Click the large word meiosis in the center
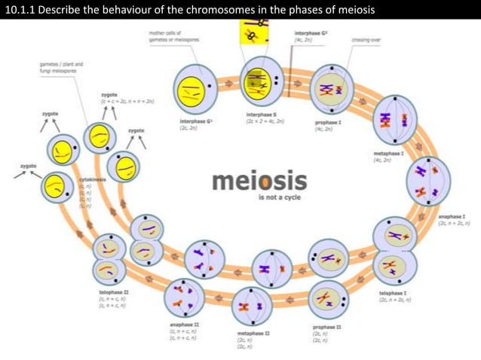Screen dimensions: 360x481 click(x=259, y=182)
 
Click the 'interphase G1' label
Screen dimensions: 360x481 click(x=195, y=121)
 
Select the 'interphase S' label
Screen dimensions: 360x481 click(x=262, y=115)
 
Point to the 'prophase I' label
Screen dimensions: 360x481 click(x=329, y=121)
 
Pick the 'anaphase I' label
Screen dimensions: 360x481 click(x=451, y=215)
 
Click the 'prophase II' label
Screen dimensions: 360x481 click(x=327, y=327)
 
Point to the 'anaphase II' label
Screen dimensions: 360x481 click(x=184, y=325)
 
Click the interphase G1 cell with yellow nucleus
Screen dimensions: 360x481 click(x=195, y=88)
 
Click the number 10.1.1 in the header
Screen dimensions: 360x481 click(x=23, y=9)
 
